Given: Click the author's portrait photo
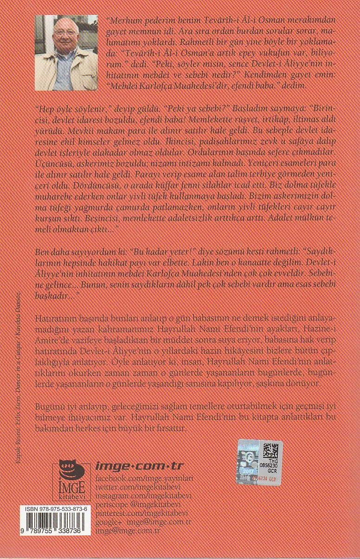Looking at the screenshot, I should coord(66,52).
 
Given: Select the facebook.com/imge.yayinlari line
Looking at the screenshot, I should coord(144,477).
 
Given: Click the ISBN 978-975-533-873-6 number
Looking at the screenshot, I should coord(55,509).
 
